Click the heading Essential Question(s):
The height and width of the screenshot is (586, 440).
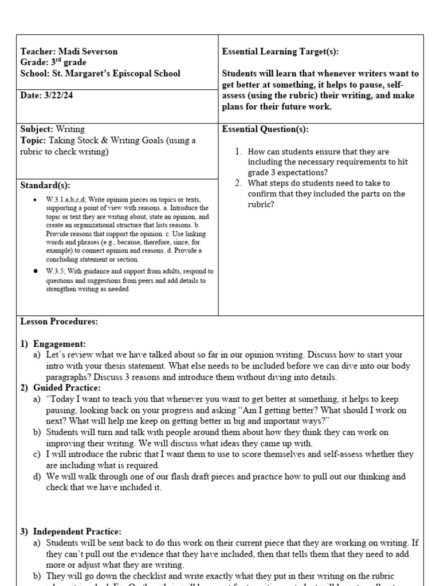pos(265,129)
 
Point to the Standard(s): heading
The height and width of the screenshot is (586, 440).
pos(45,185)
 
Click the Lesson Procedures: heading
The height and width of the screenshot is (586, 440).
pos(59,322)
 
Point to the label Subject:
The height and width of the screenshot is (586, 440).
pos(37,129)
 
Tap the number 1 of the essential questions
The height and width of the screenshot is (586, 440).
pos(238,152)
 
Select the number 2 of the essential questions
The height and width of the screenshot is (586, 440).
pos(238,183)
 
